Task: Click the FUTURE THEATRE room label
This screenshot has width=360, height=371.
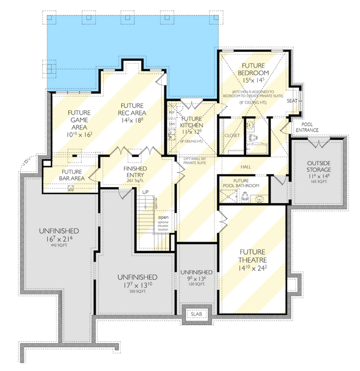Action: (253, 256)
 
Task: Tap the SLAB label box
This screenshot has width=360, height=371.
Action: (196, 314)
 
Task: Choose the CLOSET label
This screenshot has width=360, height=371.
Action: (232, 135)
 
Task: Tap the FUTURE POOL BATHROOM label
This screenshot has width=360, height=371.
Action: (242, 183)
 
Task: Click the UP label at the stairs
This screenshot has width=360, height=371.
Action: (146, 192)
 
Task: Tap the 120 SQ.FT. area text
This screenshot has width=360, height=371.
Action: (196, 284)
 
